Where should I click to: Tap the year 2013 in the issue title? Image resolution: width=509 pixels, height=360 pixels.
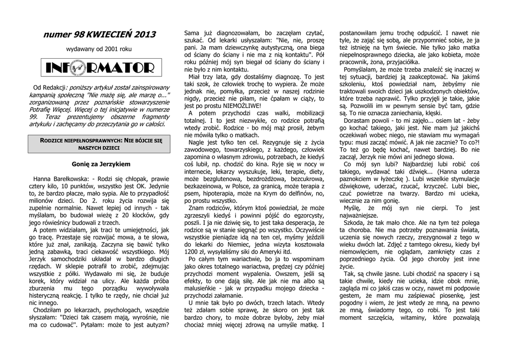pyautogui.click(x=144, y=34)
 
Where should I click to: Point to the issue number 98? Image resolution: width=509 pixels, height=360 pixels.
pyautogui.click(x=78, y=34)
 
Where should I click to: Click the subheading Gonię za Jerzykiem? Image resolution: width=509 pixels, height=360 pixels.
pyautogui.click(x=101, y=164)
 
